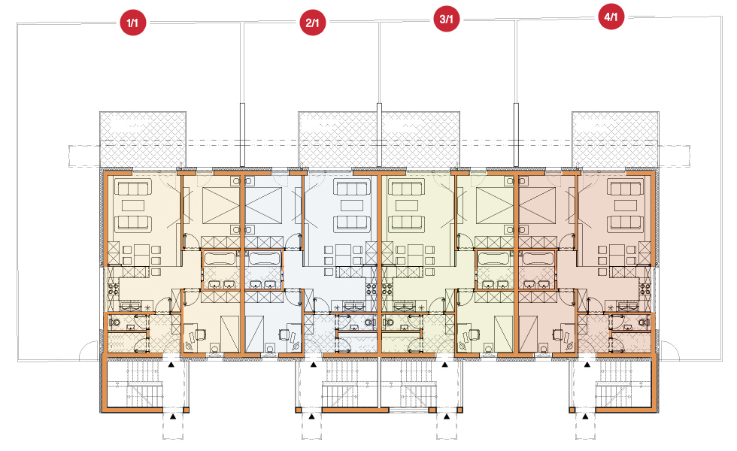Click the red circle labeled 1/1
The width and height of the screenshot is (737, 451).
point(133,23)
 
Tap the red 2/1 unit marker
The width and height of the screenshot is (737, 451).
point(313,22)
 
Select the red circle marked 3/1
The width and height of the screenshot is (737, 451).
point(446,19)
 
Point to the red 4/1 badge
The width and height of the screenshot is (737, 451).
point(611,17)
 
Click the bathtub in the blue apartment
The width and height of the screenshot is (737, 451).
point(263,259)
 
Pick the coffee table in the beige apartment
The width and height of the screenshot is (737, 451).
point(133,205)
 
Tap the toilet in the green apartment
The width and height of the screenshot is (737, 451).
point(389,322)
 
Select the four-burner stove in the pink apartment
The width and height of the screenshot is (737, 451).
point(644,289)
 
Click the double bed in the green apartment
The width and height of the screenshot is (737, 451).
point(495,205)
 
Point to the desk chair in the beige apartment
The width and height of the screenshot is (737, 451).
point(200,334)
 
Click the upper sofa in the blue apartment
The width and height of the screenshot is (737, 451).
point(351,189)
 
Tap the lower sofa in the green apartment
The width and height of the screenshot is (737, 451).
point(407,222)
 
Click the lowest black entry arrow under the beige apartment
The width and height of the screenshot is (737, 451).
point(173,416)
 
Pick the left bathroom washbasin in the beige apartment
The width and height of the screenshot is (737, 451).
point(215,284)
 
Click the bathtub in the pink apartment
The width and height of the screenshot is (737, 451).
point(538,259)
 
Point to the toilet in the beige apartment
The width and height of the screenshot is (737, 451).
point(114,322)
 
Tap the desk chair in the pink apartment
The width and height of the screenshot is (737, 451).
point(558,334)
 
